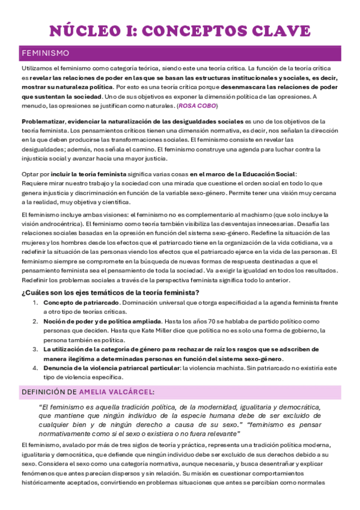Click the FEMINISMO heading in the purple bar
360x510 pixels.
(45, 54)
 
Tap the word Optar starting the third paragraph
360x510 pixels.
(29, 174)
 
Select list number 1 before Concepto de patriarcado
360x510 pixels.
(35, 303)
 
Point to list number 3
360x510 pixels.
(35, 349)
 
